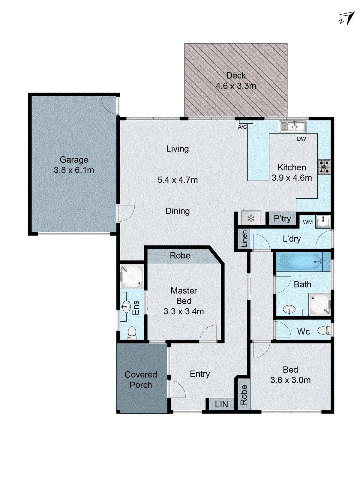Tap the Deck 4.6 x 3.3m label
[236, 81]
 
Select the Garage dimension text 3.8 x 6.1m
[74, 170]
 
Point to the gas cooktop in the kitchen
[324, 167]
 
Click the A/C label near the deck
[242, 127]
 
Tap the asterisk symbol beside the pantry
[251, 219]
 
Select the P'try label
[282, 218]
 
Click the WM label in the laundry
[308, 222]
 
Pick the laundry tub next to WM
[323, 222]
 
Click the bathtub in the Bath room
[300, 262]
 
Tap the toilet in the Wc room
[323, 331]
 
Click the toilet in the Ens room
[132, 333]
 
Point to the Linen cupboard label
[244, 239]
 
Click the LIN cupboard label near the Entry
[221, 404]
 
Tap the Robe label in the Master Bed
[180, 256]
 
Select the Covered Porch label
[141, 380]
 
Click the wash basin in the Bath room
[289, 309]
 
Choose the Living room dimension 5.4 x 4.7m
[178, 180]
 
